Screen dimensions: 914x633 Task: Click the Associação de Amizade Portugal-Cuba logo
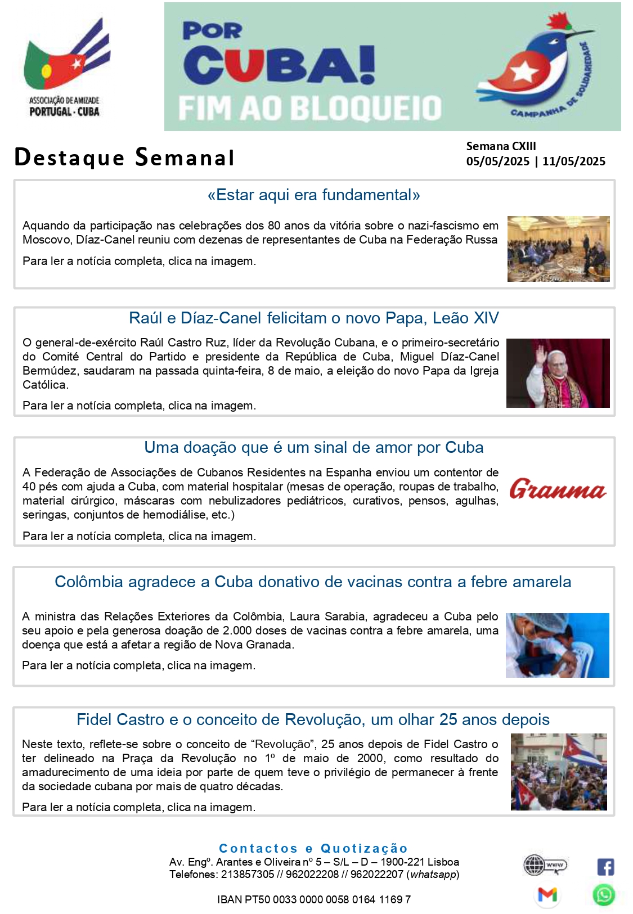(65, 67)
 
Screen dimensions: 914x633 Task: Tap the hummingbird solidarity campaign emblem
(535, 66)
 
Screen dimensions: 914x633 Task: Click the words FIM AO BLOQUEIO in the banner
(310, 108)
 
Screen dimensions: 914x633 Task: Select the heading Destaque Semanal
(124, 157)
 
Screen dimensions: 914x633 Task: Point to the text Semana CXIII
(501, 146)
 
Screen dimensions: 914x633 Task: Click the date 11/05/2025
(574, 161)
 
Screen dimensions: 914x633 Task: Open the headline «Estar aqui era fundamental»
(313, 195)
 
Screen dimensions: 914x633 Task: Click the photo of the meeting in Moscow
(558, 249)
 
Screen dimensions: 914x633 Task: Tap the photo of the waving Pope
(558, 373)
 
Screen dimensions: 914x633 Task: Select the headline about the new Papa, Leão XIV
(313, 318)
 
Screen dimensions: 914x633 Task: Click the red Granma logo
(558, 489)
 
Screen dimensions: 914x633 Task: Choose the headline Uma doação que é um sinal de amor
(313, 448)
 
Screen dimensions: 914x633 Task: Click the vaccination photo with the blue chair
(557, 645)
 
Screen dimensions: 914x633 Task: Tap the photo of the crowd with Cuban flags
(558, 772)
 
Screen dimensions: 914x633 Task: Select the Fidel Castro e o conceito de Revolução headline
(313, 720)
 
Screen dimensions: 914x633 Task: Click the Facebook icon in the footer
(605, 867)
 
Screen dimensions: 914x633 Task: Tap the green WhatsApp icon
(604, 895)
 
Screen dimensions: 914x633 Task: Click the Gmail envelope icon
(547, 894)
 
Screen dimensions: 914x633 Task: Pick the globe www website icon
(544, 865)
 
